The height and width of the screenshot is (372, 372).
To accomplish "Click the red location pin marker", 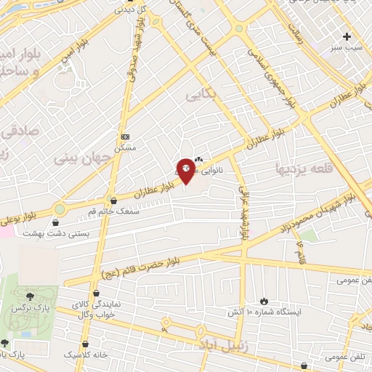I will pyautogui.click(x=186, y=171).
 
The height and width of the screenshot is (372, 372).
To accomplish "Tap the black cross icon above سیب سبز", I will pyautogui.click(x=347, y=36).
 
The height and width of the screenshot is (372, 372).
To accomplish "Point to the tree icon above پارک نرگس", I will pyautogui.click(x=29, y=296).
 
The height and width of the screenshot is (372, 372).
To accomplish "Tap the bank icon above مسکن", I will pyautogui.click(x=125, y=136).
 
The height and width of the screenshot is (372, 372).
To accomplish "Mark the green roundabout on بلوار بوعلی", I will pyautogui.click(x=59, y=209).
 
